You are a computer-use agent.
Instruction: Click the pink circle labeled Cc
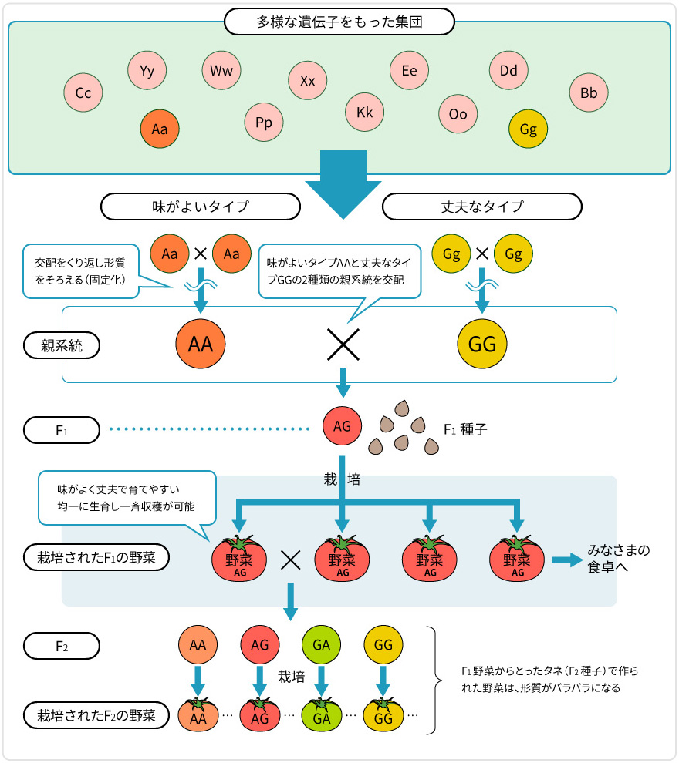tap(83, 93)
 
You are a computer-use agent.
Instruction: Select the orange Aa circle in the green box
tap(160, 129)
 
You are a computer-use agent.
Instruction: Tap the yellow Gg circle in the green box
tap(529, 129)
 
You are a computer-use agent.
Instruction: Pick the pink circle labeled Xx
tap(308, 80)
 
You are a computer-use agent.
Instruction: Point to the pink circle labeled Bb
tap(589, 93)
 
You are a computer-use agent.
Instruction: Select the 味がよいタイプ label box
tap(201, 207)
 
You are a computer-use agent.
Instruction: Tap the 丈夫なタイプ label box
tap(482, 207)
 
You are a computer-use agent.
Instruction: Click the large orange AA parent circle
tap(200, 344)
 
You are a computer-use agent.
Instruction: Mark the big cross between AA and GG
tap(343, 344)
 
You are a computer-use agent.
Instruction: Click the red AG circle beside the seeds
tap(342, 425)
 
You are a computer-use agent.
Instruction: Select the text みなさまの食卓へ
tap(619, 560)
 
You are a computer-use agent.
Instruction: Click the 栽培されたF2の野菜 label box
tap(96, 714)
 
